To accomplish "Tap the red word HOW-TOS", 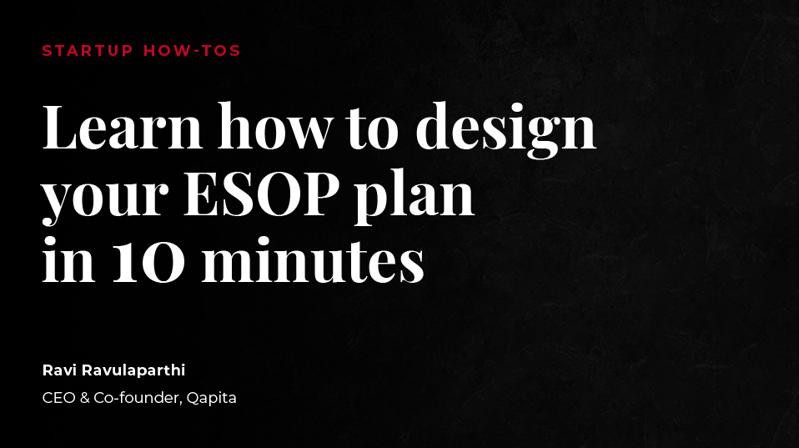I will [192, 51].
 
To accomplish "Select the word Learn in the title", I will [123, 127].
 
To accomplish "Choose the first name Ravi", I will [59, 370].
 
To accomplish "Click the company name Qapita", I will [210, 399].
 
